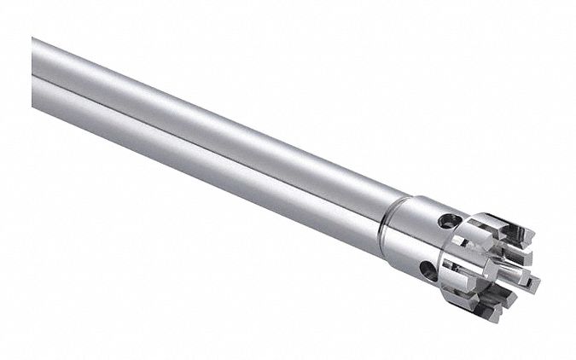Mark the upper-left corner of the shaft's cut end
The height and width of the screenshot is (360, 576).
tap(34, 39)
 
